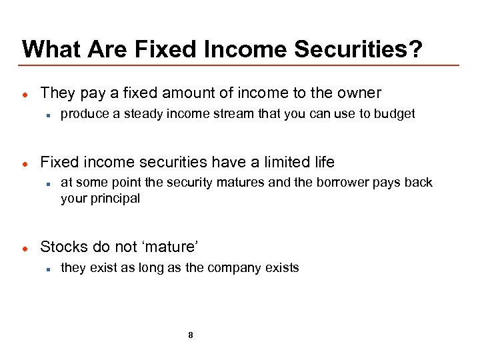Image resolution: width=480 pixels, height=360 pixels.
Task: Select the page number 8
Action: click(191, 335)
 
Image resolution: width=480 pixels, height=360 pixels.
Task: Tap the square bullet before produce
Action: click(49, 115)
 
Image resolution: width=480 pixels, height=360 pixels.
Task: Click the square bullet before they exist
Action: click(49, 269)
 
